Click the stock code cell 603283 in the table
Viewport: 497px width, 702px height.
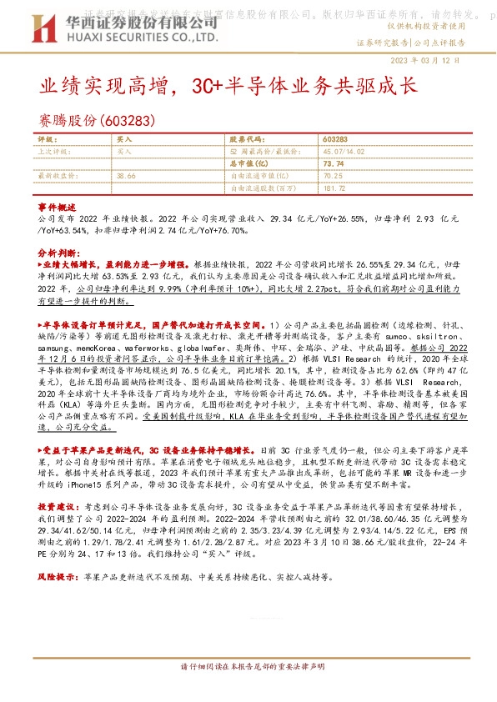coord(335,140)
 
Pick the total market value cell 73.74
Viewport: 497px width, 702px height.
coord(333,164)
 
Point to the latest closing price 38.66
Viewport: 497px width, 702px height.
coord(127,176)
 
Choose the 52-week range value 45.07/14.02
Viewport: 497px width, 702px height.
coord(346,152)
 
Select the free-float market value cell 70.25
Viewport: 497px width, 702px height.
coord(332,176)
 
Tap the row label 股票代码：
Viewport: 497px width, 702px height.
coord(248,140)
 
